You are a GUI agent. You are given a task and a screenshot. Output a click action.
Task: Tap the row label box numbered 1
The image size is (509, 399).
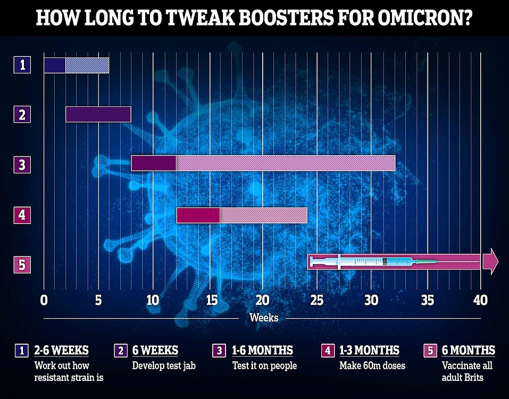click(22, 65)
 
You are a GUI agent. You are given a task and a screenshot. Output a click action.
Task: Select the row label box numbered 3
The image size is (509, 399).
click(22, 164)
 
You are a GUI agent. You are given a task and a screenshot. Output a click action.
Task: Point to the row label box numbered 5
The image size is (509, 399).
click(22, 264)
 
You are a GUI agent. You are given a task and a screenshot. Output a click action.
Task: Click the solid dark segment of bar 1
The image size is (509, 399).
click(54, 65)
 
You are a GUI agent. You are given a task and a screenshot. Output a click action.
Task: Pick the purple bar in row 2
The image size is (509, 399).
click(98, 114)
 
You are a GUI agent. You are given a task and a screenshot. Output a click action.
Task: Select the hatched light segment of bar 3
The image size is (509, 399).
click(285, 163)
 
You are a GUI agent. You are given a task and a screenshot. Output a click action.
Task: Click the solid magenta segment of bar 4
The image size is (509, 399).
click(198, 215)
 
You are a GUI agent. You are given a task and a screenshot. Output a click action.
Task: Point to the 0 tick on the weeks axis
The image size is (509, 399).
click(44, 299)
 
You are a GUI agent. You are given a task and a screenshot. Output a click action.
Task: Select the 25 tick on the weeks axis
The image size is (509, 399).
click(316, 299)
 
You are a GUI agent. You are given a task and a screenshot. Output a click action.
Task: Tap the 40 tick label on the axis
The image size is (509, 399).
click(480, 299)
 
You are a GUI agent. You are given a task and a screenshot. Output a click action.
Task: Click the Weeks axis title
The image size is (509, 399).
click(264, 318)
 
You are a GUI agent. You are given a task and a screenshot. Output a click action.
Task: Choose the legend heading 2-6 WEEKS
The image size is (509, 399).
click(62, 351)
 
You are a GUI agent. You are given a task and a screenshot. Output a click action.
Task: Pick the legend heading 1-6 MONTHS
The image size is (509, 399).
click(262, 351)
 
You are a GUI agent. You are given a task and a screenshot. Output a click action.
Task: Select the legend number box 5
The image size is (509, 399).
click(429, 351)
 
